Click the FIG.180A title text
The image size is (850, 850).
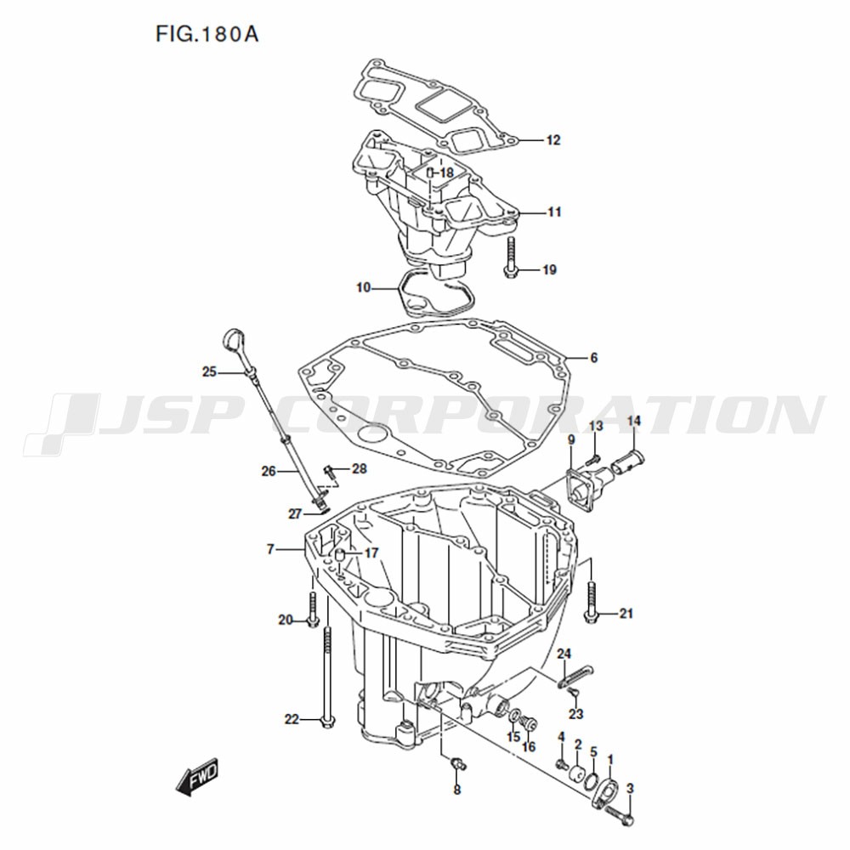point(207,34)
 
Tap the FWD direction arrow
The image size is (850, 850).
point(197,777)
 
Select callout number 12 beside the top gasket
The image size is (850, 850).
point(553,140)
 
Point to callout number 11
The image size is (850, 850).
point(554,212)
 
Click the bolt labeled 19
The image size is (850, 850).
point(511,258)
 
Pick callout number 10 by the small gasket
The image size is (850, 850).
point(363,287)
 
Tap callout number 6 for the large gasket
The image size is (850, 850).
point(594,358)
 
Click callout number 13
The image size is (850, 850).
point(596,426)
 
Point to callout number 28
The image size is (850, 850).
point(360,469)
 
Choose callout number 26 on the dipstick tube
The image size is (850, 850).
point(269,472)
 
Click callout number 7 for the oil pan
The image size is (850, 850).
point(270,549)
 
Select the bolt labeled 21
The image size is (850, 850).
point(591,602)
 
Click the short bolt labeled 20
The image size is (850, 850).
point(312,609)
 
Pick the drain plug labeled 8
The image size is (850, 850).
point(459,764)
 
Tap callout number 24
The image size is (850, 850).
point(564,654)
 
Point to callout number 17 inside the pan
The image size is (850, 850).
point(371,553)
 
